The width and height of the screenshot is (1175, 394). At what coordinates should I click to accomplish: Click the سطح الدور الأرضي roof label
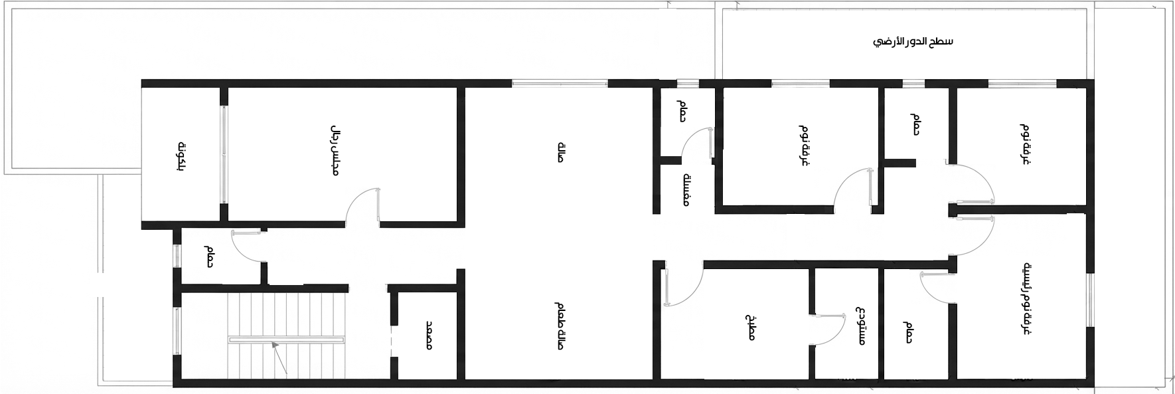(x=913, y=42)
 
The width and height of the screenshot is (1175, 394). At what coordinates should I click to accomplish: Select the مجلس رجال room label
(x=335, y=150)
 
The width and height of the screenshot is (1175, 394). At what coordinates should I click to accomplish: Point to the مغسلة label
(x=688, y=189)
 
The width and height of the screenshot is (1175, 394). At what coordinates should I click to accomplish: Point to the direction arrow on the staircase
(x=279, y=359)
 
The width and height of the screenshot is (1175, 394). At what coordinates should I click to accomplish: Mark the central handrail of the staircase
(x=287, y=340)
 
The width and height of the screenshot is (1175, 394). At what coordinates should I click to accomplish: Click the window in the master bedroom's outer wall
(x=1090, y=299)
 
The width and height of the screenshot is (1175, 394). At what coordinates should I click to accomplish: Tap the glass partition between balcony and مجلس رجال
(x=224, y=154)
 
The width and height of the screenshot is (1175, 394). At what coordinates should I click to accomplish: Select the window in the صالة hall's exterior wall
(x=560, y=84)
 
